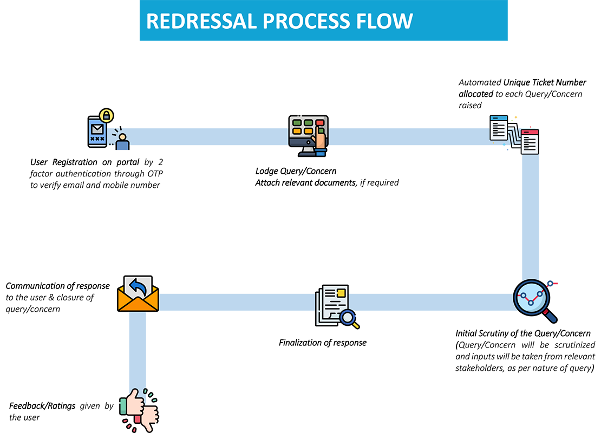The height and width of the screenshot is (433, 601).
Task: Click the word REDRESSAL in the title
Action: [x=201, y=21]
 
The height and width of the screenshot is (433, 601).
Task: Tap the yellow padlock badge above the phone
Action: [x=107, y=115]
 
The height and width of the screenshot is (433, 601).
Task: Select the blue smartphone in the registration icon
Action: [x=97, y=132]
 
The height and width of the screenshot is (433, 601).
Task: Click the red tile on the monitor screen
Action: [x=319, y=123]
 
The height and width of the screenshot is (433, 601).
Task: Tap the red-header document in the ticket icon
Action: [x=530, y=142]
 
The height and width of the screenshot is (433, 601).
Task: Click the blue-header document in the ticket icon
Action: [x=499, y=128]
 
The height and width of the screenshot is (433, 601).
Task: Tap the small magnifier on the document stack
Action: [x=350, y=319]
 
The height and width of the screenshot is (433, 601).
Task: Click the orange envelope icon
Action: [x=138, y=293]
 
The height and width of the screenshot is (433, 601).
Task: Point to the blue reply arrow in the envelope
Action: [x=138, y=287]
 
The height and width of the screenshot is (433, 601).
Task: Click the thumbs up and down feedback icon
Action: [x=139, y=410]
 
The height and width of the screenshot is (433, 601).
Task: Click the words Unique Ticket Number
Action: [x=545, y=82]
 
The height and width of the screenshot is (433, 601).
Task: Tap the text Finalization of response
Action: [x=323, y=343]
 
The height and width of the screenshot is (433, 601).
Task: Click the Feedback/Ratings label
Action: [x=42, y=406]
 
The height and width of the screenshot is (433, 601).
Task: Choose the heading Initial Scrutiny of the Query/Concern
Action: [x=523, y=334]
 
